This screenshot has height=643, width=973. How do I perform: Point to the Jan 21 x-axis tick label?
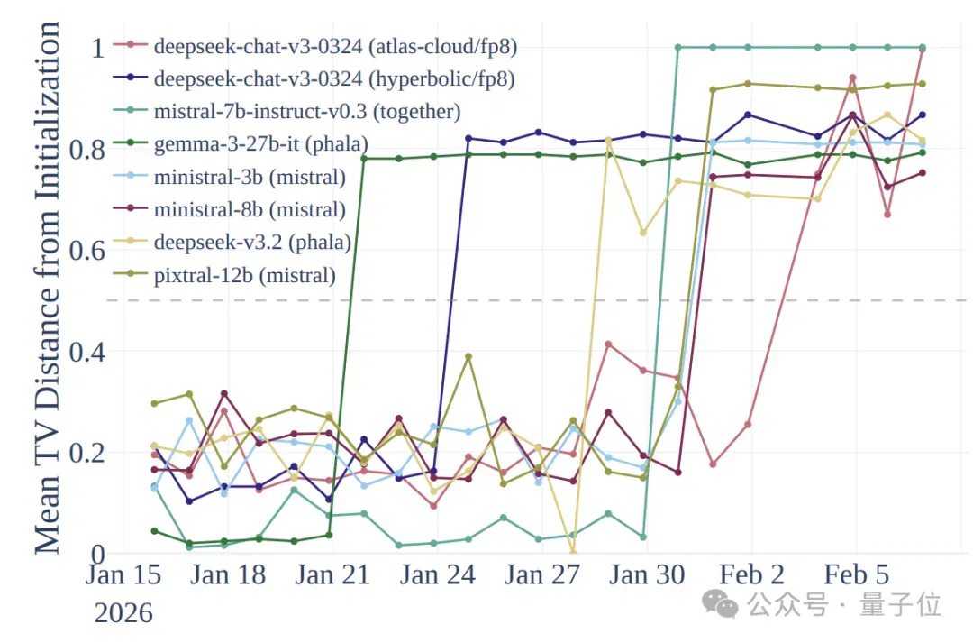(x=332, y=574)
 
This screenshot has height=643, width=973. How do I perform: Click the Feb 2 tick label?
(x=751, y=574)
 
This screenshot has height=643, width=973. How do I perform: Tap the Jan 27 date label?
(x=541, y=574)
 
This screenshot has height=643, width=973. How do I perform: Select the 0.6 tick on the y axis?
(x=86, y=251)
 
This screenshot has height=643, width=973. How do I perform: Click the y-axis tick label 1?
(x=98, y=49)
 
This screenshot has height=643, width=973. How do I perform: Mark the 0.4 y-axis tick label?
(x=86, y=352)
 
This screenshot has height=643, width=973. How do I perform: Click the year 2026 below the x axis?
(x=123, y=613)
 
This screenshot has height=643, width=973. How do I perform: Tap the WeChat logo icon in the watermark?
(x=720, y=604)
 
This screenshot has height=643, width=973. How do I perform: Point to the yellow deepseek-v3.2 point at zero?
(x=573, y=552)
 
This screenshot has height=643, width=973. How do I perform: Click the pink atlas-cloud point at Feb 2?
(x=748, y=425)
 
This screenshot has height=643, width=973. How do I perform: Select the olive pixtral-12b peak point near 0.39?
(x=468, y=356)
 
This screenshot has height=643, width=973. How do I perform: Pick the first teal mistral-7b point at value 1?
(x=678, y=47)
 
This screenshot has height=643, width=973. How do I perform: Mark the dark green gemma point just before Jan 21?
(x=329, y=535)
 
